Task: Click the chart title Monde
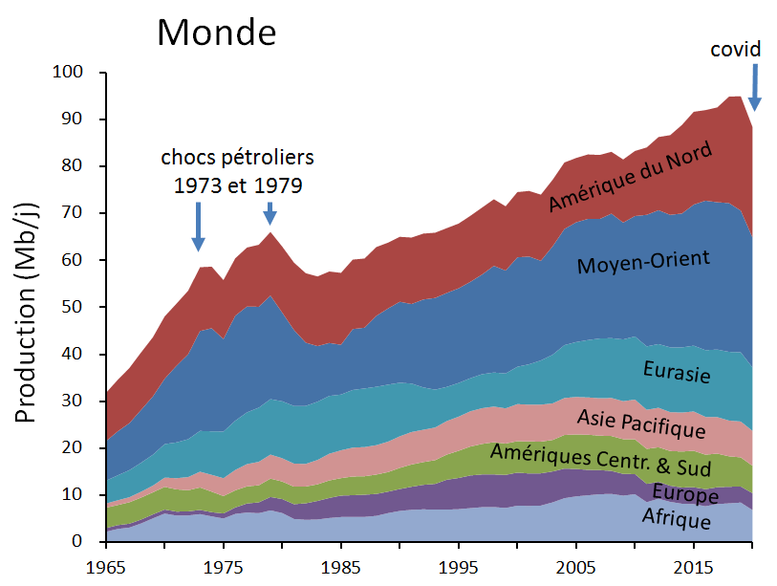coord(217,33)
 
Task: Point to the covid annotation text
coord(734,48)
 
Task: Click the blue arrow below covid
coord(754,87)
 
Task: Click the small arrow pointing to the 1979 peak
coord(270,212)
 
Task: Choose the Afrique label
coord(677,520)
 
